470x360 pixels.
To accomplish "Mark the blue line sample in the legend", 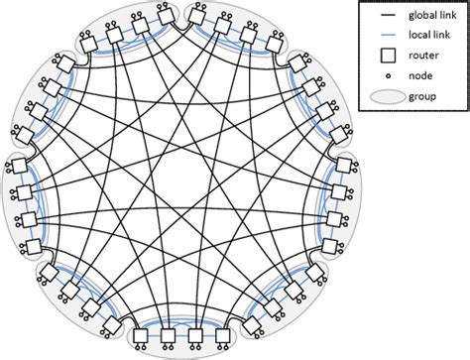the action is [380, 38].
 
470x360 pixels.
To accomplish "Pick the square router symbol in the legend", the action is [380, 58].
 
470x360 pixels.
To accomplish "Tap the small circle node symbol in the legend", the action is [380, 78].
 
